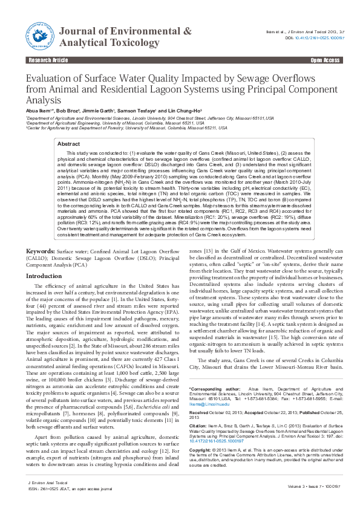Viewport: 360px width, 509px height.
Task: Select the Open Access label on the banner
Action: (x=325, y=61)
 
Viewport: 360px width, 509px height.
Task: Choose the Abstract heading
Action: (x=68, y=144)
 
